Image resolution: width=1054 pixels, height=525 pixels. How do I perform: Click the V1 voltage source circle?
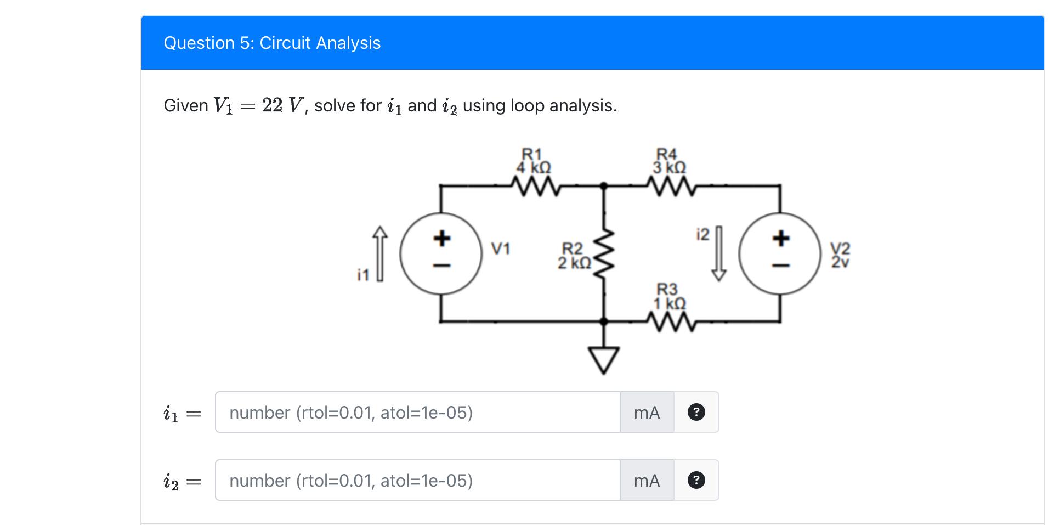tap(441, 254)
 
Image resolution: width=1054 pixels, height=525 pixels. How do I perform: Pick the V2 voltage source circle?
tap(780, 254)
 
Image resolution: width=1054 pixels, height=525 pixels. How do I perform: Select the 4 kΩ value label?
tap(534, 167)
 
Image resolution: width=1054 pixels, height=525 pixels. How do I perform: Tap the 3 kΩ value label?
tap(669, 167)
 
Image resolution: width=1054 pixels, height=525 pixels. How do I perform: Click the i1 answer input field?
tap(417, 412)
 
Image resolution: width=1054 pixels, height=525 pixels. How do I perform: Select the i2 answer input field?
tap(417, 480)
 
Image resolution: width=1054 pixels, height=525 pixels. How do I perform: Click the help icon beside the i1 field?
tap(696, 412)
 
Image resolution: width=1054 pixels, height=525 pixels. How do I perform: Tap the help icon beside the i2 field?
tap(696, 480)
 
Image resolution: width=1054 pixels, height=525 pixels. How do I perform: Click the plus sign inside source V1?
tap(442, 238)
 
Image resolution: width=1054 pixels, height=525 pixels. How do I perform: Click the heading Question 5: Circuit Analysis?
tap(272, 43)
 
